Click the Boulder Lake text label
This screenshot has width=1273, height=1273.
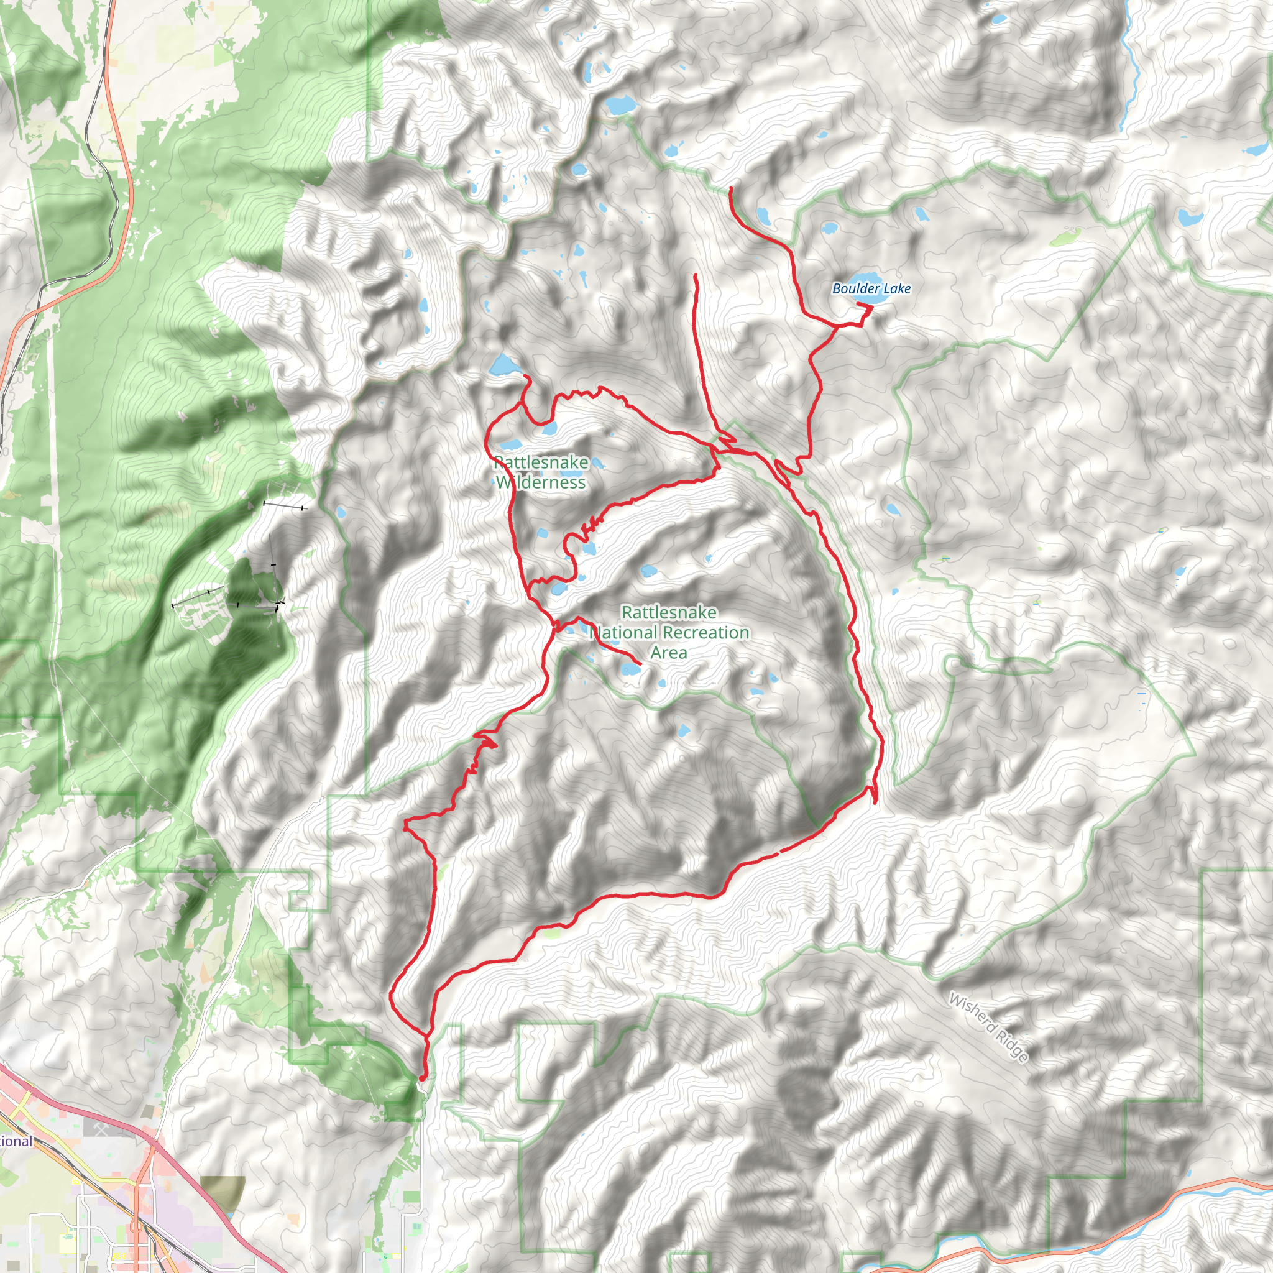coord(871,288)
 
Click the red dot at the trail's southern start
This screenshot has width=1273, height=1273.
coord(421,1078)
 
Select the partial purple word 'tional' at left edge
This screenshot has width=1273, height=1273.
coord(14,1141)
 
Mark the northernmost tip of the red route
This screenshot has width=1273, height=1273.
coord(732,189)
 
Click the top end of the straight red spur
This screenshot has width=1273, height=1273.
coord(695,275)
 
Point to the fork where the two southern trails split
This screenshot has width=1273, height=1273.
coord(429,1034)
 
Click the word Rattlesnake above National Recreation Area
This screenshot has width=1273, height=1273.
coord(669,612)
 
